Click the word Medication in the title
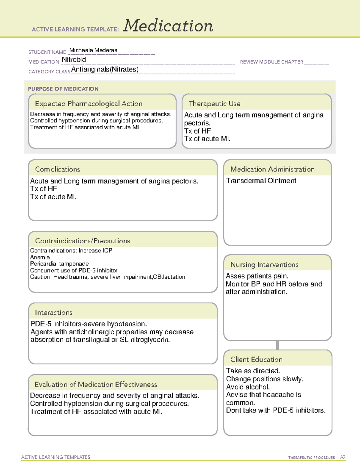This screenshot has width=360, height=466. tap(168, 26)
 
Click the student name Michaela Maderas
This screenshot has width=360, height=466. tap(93, 50)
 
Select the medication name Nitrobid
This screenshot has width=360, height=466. tap(74, 60)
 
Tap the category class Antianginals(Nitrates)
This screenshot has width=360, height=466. tap(105, 70)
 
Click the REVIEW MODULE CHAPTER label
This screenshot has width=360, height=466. tap(271, 62)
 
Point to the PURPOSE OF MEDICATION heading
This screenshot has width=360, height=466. tap(63, 89)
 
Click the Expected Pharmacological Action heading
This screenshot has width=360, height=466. tap(88, 104)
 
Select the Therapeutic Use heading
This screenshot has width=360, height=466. tap(214, 104)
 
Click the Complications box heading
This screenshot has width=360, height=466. tap(58, 169)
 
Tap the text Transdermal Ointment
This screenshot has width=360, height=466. tap(261, 181)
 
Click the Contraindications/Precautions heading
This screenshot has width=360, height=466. tap(82, 241)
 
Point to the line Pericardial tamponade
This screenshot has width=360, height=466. tap(59, 264)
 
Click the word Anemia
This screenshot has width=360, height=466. tap(40, 257)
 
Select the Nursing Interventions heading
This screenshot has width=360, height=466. tap(264, 265)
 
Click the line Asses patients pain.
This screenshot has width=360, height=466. tap(257, 276)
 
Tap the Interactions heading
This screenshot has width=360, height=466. tap(54, 312)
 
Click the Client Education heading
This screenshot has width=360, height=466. tap(256, 359)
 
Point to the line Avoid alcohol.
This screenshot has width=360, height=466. tap(248, 387)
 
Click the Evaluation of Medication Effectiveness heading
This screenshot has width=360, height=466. tap(96, 384)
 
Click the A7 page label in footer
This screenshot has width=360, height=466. tap(343, 457)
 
